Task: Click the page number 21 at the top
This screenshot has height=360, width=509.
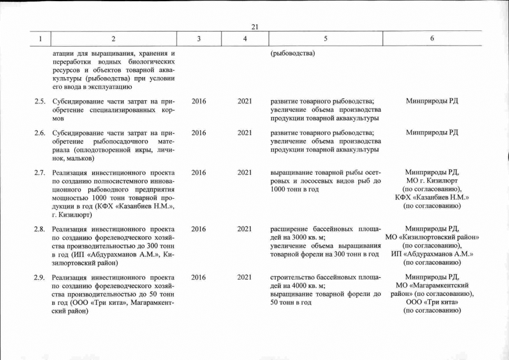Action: coord(254,27)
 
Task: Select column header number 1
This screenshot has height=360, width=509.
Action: coord(40,39)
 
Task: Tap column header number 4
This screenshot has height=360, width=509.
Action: coord(244,39)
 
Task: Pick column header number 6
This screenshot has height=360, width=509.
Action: coord(431,39)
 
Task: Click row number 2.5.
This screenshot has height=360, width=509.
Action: coord(39,101)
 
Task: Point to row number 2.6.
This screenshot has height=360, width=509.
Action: coord(39,133)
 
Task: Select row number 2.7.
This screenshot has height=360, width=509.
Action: coord(39,173)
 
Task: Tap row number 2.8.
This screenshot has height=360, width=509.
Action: coord(39,229)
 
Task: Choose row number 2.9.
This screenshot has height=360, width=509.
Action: coord(39,277)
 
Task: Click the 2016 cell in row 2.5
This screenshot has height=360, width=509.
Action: coord(199,101)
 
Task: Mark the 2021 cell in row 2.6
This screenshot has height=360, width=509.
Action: coord(244,133)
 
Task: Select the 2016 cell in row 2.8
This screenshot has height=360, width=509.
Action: coord(199,229)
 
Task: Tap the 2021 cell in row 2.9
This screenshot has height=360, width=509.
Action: coord(244,277)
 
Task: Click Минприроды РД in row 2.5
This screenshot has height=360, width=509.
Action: coord(431,101)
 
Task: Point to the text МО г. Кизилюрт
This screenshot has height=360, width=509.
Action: coord(431,181)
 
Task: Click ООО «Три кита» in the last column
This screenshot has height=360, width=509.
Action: coord(431,303)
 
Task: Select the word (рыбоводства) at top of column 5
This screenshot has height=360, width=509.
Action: coord(292,54)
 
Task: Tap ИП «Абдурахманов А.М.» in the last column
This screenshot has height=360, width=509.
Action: coord(431,254)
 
